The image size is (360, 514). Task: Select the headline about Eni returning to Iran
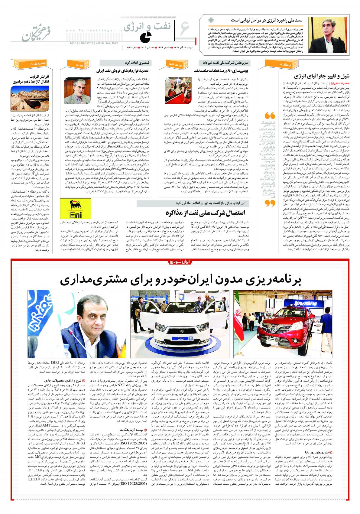point(207,212)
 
